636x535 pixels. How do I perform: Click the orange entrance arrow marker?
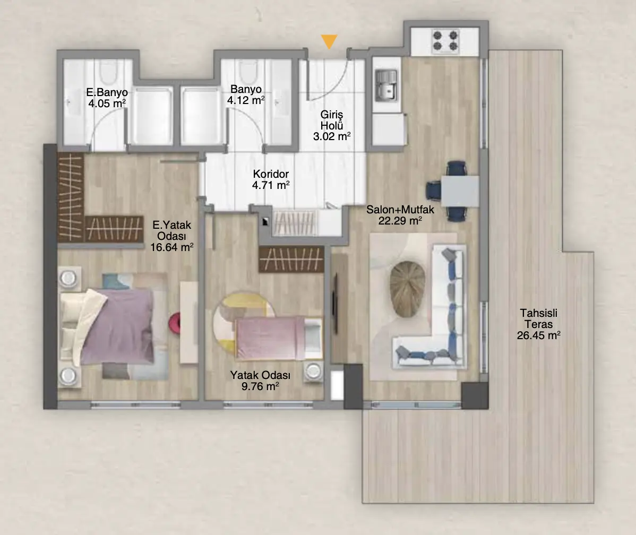click(329, 41)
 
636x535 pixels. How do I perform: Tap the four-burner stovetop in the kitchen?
click(445, 41)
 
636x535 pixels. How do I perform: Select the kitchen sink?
click(386, 85)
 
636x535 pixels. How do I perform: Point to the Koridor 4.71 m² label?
click(271, 180)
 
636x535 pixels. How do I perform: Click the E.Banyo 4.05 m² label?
click(107, 98)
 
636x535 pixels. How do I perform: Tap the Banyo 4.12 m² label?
click(246, 94)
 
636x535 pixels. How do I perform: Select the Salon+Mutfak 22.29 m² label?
click(400, 215)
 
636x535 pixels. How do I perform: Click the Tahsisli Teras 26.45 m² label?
click(539, 324)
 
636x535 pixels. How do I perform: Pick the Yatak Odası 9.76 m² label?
click(261, 381)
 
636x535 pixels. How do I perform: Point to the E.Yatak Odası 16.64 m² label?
click(171, 236)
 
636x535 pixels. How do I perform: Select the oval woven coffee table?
click(408, 289)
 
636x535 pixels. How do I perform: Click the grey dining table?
click(460, 191)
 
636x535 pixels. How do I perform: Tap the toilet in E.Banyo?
click(108, 72)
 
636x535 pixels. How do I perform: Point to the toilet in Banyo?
click(248, 72)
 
